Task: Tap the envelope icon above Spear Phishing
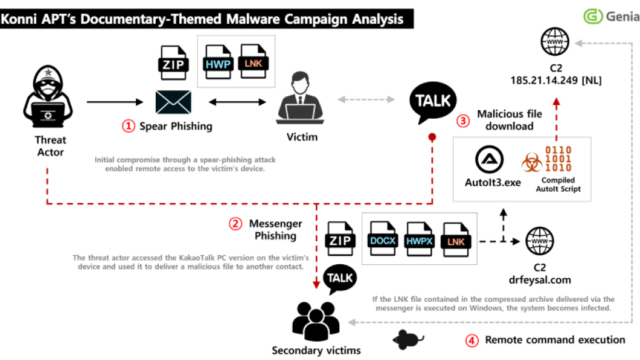pos(173,102)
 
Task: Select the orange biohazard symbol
pos(532,163)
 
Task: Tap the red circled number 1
pos(128,126)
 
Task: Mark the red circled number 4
pos(472,340)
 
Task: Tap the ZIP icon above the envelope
pos(173,62)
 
